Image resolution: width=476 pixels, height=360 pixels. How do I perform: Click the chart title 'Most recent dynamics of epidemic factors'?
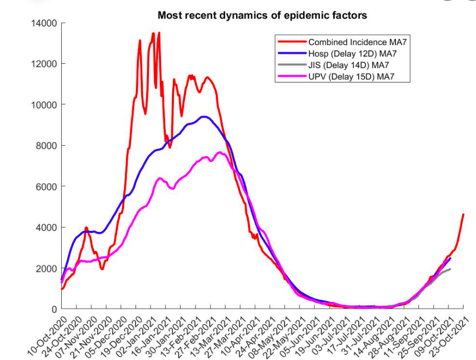(x=262, y=15)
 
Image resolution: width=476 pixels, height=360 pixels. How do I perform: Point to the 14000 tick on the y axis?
(x=45, y=23)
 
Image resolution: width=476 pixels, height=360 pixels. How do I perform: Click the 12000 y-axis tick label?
(x=45, y=64)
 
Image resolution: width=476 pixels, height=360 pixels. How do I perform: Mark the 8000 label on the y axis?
(x=47, y=146)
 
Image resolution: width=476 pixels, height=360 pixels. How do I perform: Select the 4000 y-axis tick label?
(x=47, y=227)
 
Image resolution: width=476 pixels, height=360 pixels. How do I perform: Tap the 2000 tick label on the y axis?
(x=47, y=268)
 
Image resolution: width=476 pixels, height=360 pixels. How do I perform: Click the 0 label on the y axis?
(x=54, y=309)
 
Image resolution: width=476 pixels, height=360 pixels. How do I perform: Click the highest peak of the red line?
(x=158, y=33)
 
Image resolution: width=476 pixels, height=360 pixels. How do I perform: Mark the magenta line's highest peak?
(x=220, y=152)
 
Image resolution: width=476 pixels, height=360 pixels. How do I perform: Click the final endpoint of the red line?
(x=463, y=214)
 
